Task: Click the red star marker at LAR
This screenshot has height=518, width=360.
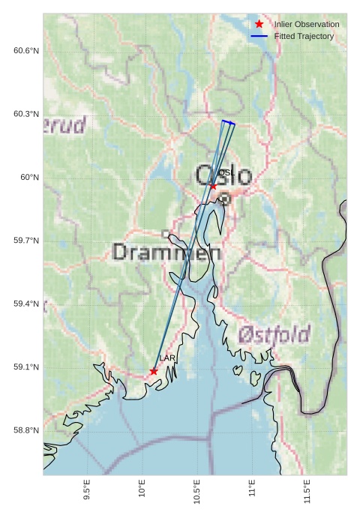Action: (x=154, y=371)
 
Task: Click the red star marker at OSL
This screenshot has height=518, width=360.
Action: (x=214, y=187)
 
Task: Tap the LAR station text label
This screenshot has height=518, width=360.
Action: (x=166, y=359)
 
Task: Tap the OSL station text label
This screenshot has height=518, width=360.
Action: (x=227, y=173)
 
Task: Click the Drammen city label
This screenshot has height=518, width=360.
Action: (x=166, y=253)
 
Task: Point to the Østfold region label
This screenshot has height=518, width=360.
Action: (x=274, y=334)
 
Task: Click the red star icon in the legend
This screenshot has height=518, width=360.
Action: (x=259, y=24)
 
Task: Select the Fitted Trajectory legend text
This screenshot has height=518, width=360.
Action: (x=304, y=36)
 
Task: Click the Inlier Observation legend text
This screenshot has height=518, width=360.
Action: (x=306, y=24)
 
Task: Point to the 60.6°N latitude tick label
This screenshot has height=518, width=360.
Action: (x=26, y=51)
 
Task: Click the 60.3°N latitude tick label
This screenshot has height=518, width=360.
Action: (x=26, y=114)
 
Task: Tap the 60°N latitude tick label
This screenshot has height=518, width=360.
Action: (x=30, y=178)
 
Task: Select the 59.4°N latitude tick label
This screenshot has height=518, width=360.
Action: (x=26, y=304)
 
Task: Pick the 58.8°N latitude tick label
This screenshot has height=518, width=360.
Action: (x=26, y=430)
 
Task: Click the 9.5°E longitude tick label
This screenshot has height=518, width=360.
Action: (x=87, y=491)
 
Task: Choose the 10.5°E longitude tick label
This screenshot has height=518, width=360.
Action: (x=197, y=491)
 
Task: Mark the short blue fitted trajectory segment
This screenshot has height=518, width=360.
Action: (x=228, y=122)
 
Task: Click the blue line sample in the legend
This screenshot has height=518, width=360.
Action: (x=259, y=36)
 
